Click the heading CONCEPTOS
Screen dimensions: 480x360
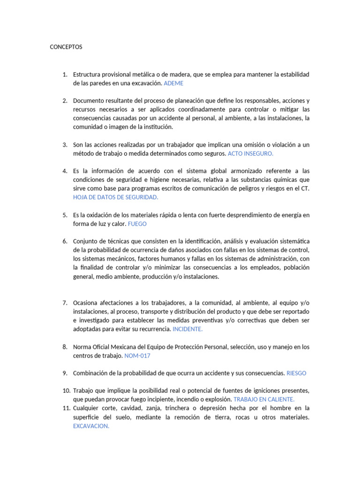click(66, 47)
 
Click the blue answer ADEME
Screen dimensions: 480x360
click(174, 83)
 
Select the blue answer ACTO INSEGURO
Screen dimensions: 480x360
click(250, 153)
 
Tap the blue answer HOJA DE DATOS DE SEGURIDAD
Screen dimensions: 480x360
click(116, 197)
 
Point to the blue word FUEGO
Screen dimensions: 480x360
click(137, 224)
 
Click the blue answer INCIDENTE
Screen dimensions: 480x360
click(187, 329)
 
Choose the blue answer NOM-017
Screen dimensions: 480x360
click(137, 356)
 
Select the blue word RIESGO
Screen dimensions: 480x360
click(296, 373)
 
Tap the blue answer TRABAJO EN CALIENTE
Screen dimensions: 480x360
click(264, 399)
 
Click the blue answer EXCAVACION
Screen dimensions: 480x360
click(91, 426)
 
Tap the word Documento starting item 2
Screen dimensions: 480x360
click(89, 101)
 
